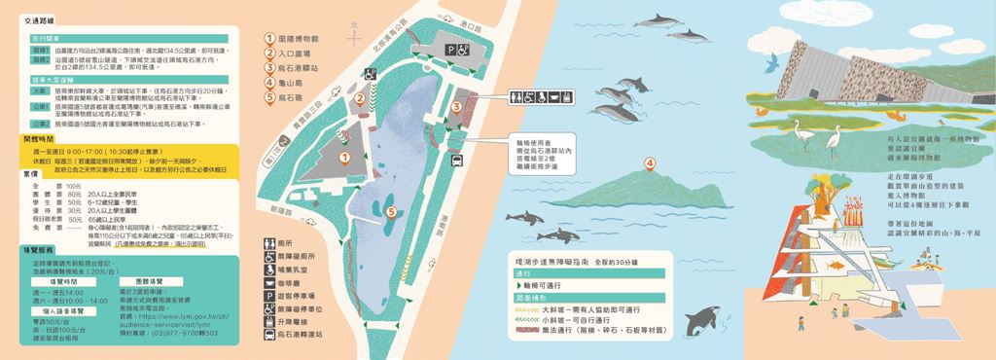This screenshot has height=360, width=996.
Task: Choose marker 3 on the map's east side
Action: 456,106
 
